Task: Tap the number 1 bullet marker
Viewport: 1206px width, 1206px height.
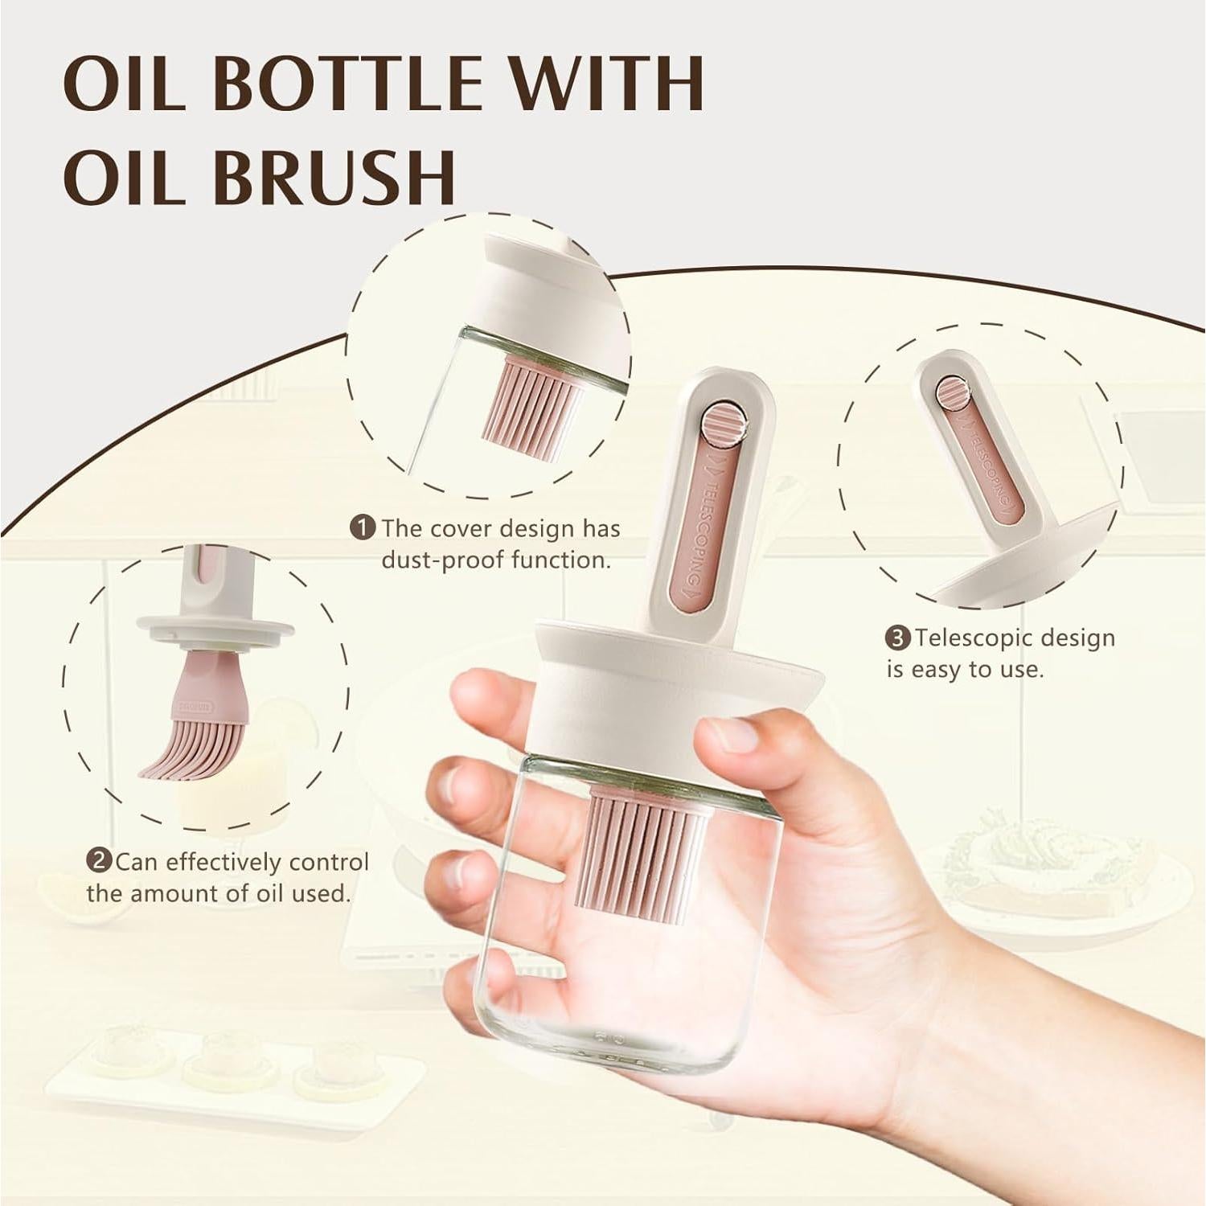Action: (x=364, y=528)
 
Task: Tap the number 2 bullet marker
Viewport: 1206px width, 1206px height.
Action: (x=98, y=862)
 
